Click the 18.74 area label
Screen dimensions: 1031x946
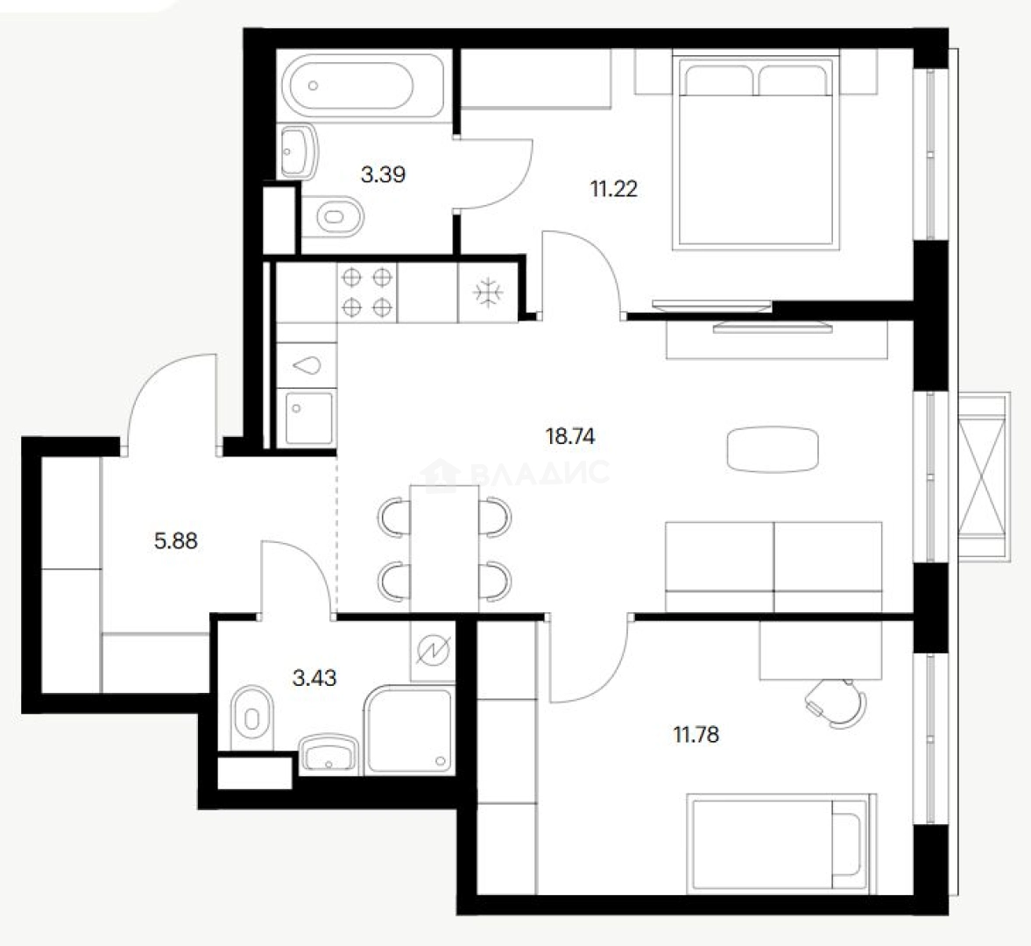[570, 436]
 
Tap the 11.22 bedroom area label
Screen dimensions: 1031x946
[614, 189]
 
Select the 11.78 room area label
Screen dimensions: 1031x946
[696, 734]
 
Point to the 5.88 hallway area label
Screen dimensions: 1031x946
[175, 540]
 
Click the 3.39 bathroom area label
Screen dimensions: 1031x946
[384, 174]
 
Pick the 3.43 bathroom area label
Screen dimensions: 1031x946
[314, 677]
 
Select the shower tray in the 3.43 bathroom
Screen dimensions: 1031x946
[408, 729]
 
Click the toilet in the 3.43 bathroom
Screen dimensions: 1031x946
[252, 718]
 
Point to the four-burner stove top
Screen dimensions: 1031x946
[368, 293]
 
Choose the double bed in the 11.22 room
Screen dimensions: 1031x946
[756, 153]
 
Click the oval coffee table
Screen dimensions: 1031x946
[773, 449]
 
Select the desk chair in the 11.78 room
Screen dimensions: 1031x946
[835, 702]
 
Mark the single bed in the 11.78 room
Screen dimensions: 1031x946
[781, 844]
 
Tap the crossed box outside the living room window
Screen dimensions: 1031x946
[982, 476]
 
